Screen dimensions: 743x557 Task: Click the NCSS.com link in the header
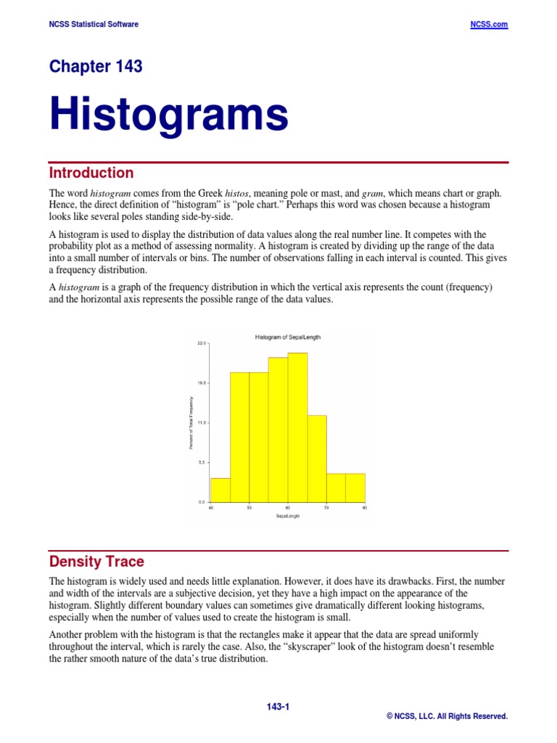click(490, 24)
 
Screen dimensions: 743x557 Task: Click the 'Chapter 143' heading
click(96, 67)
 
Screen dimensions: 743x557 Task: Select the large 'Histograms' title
click(168, 115)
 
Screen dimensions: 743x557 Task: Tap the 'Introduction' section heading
click(91, 173)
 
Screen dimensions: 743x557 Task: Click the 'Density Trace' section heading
click(96, 561)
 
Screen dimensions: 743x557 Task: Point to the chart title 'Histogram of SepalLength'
click(288, 337)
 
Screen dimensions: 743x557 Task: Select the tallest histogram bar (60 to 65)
click(297, 427)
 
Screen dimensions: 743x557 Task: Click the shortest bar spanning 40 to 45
click(220, 490)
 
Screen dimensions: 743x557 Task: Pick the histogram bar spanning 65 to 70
click(317, 459)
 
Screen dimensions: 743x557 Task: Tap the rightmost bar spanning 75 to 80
click(355, 488)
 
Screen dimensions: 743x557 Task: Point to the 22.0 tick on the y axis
click(202, 342)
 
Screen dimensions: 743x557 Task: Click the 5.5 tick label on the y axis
click(202, 462)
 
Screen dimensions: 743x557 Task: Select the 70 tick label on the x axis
click(326, 508)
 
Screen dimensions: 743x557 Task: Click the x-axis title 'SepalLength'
click(287, 516)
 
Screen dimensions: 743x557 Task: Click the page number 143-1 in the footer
click(278, 706)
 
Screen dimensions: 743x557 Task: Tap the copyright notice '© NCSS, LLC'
click(447, 716)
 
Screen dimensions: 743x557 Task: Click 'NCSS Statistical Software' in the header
click(94, 24)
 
